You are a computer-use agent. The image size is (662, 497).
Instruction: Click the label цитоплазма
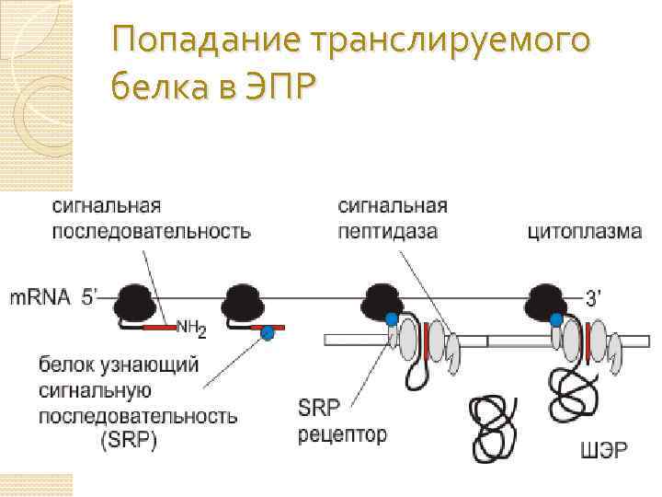(584, 231)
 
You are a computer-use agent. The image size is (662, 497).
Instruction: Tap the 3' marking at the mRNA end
(596, 296)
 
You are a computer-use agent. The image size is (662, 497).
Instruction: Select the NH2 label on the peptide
(192, 327)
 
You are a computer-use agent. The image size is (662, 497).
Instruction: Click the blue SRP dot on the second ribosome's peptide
(267, 332)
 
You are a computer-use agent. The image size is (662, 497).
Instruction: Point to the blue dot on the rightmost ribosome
(555, 319)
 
